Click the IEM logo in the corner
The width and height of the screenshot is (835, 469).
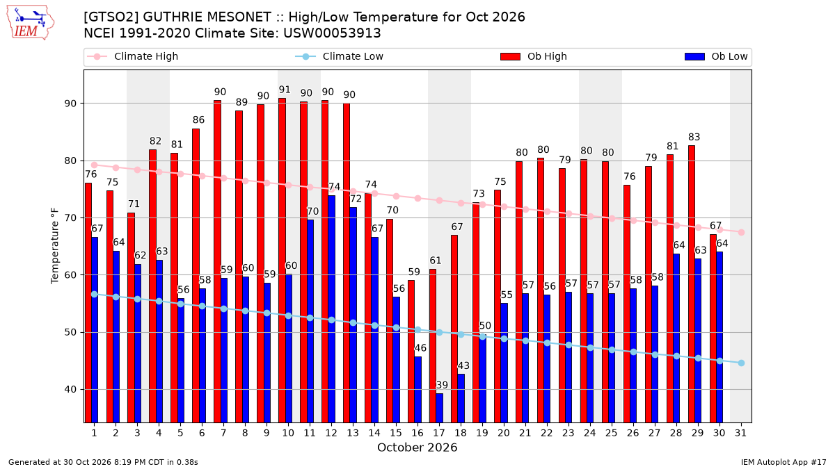(31, 23)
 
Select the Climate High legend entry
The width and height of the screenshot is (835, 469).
(132, 56)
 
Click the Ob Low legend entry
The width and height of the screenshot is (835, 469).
(716, 56)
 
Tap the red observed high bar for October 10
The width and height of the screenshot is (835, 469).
(283, 261)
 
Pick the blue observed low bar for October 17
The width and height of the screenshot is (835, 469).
(440, 408)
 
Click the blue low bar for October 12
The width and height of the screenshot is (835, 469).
(332, 309)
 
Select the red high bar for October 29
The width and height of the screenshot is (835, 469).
(692, 284)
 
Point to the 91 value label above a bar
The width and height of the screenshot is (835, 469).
(285, 90)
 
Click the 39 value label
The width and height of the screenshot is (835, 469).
(442, 385)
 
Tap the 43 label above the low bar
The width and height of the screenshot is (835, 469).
(463, 365)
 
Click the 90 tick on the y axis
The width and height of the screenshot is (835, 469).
(70, 104)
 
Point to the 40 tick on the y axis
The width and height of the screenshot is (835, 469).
(70, 390)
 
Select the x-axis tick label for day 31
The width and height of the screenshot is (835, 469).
(740, 434)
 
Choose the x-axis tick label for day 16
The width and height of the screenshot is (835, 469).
(417, 434)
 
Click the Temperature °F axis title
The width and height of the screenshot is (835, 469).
(55, 246)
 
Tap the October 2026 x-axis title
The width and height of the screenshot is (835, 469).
(417, 447)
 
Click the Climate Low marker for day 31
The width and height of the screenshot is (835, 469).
(741, 363)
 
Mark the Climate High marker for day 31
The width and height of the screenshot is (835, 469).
(741, 232)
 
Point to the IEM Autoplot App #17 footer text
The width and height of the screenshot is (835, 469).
(784, 462)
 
